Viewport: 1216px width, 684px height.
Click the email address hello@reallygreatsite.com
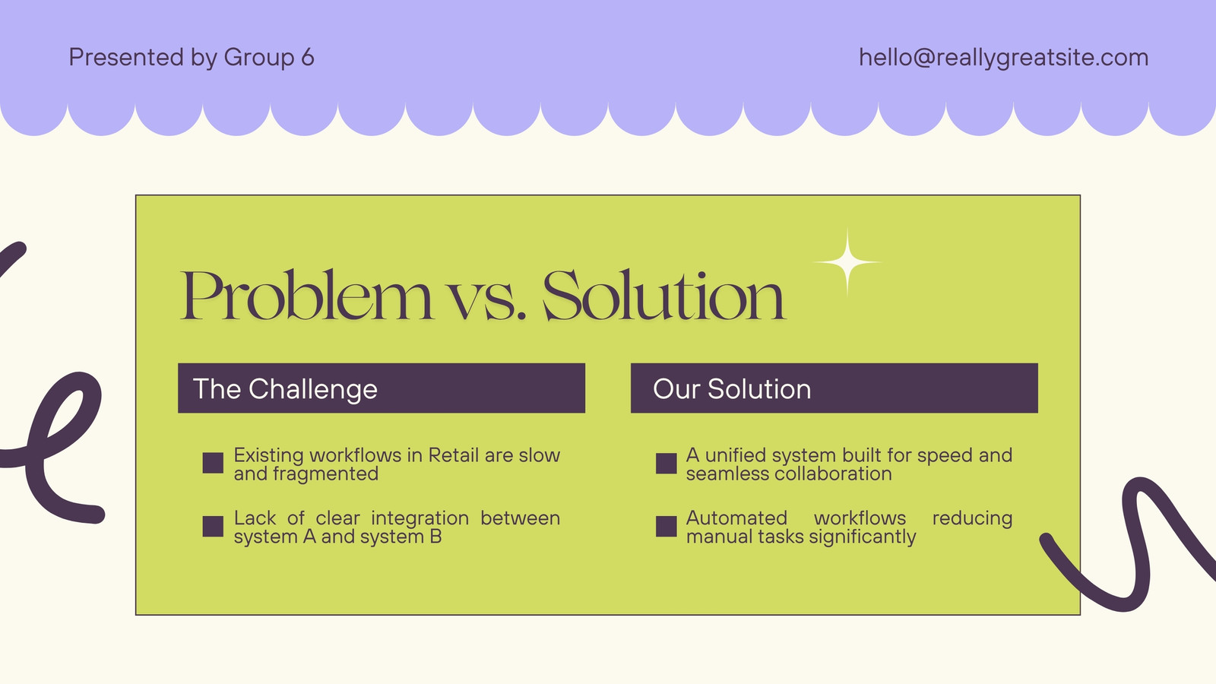pyautogui.click(x=1003, y=58)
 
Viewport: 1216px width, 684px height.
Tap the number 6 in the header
pyautogui.click(x=308, y=57)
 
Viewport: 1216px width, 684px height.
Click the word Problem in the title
pyautogui.click(x=306, y=296)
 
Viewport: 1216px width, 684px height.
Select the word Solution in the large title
pyautogui.click(x=664, y=296)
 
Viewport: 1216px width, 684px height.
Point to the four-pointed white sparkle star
pyautogui.click(x=847, y=262)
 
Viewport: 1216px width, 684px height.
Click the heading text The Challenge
pyautogui.click(x=285, y=388)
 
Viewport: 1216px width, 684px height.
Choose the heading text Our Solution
pyautogui.click(x=732, y=388)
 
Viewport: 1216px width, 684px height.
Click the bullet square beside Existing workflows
pyautogui.click(x=213, y=463)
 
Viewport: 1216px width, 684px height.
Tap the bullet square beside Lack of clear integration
pyautogui.click(x=213, y=526)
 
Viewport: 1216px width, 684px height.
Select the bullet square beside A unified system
pyautogui.click(x=666, y=463)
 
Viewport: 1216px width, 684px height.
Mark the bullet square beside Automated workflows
pyautogui.click(x=666, y=526)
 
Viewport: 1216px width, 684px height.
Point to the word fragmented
pyautogui.click(x=325, y=474)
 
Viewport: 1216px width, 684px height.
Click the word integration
pyautogui.click(x=420, y=518)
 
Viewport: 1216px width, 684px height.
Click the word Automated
pyautogui.click(x=736, y=518)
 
